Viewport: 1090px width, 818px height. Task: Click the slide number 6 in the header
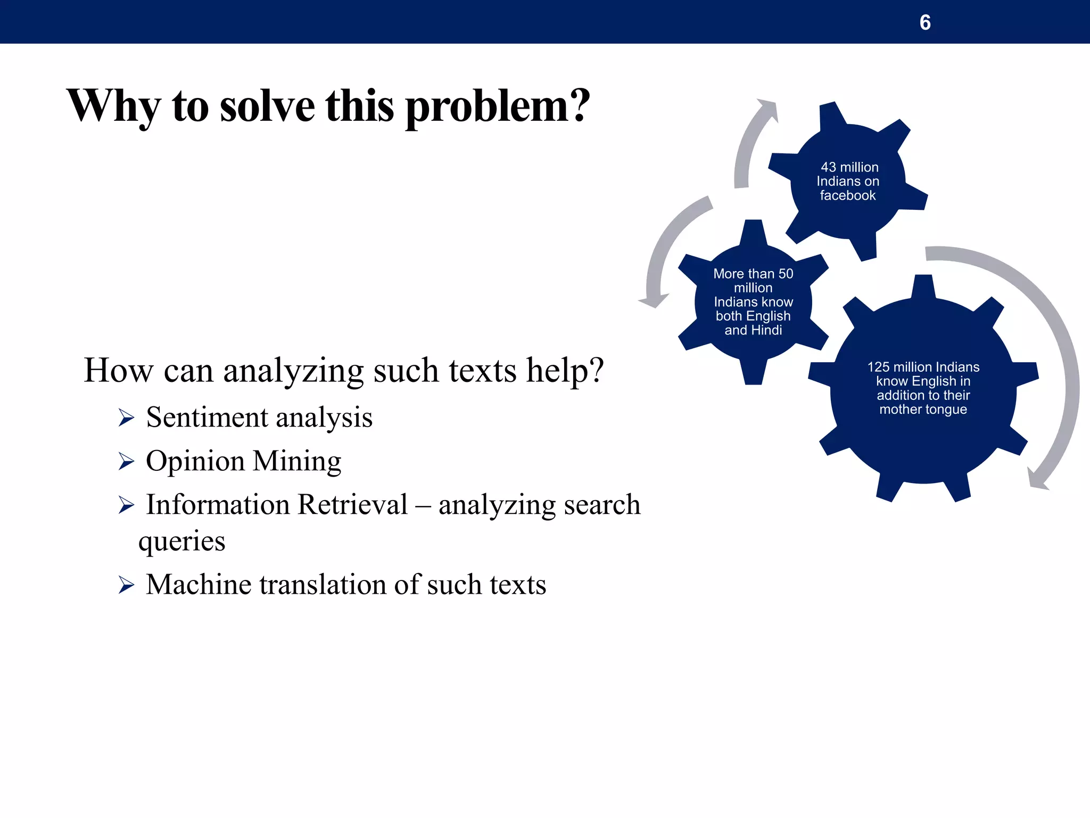click(x=925, y=22)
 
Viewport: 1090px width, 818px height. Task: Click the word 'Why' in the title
click(x=112, y=106)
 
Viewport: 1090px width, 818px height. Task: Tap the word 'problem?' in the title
click(x=497, y=106)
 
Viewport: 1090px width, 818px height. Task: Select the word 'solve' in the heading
click(x=267, y=106)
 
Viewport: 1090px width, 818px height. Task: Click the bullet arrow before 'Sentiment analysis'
click(x=126, y=418)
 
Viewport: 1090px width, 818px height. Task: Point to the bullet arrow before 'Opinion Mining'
click(x=126, y=462)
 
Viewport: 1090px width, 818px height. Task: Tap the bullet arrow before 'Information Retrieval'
click(x=126, y=505)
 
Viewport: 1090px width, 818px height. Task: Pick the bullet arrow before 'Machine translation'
click(x=126, y=585)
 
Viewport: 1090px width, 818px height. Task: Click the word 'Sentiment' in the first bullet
click(x=207, y=417)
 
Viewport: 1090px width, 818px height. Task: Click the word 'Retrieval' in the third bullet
click(x=352, y=504)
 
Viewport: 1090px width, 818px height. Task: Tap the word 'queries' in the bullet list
click(x=181, y=542)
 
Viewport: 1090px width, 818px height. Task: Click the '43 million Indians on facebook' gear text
click(x=848, y=181)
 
